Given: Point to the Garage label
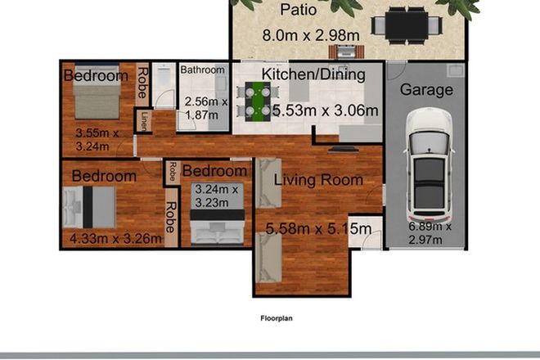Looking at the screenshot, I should [426, 90].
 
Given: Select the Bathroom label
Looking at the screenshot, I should [202, 70].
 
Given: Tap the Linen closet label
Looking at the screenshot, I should [144, 119].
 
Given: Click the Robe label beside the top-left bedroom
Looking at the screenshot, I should [142, 82].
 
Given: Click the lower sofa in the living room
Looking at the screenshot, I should [268, 259].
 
